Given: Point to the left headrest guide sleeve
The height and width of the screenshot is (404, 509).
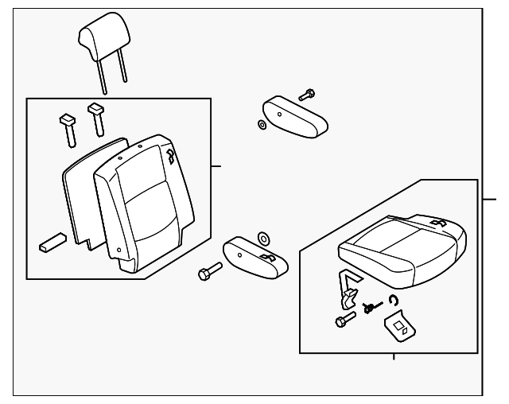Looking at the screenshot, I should (x=66, y=127).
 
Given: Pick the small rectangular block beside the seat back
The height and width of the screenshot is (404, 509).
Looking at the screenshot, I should (x=52, y=243).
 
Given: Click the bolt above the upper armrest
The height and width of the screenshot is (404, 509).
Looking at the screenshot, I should (x=307, y=95).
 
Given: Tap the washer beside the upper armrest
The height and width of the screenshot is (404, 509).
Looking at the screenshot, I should (x=262, y=125).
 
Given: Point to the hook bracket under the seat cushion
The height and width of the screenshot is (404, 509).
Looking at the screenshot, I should (x=348, y=289).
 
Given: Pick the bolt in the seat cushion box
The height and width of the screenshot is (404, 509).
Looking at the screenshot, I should (x=344, y=320).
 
